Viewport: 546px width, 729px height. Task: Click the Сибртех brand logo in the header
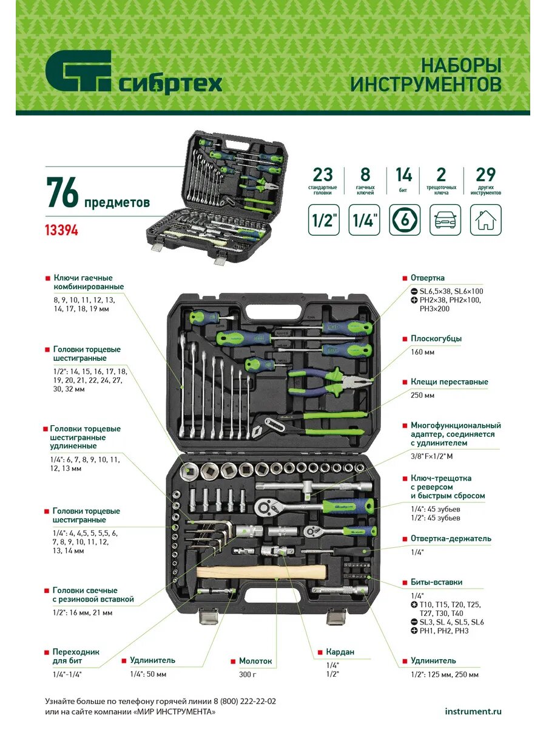[133, 72]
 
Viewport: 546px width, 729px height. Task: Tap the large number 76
[62, 193]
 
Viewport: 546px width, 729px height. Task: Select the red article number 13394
[62, 230]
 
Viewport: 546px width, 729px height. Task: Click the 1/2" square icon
[323, 220]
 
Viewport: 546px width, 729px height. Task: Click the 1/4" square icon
[364, 220]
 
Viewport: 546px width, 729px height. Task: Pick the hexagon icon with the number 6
[405, 220]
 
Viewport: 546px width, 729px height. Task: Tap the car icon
[445, 220]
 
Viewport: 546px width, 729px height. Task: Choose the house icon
[486, 220]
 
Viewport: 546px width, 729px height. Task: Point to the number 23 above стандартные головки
[323, 174]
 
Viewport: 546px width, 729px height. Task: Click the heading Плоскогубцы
[436, 338]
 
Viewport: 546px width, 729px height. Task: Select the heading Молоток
[255, 661]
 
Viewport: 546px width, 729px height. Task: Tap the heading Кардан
[340, 652]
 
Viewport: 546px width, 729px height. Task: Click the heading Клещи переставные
[449, 382]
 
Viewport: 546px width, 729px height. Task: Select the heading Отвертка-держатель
[451, 538]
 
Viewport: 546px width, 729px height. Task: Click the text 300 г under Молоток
[248, 674]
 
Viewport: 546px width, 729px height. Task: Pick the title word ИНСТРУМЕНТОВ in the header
[426, 84]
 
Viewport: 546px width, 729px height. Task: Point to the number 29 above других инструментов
[486, 174]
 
